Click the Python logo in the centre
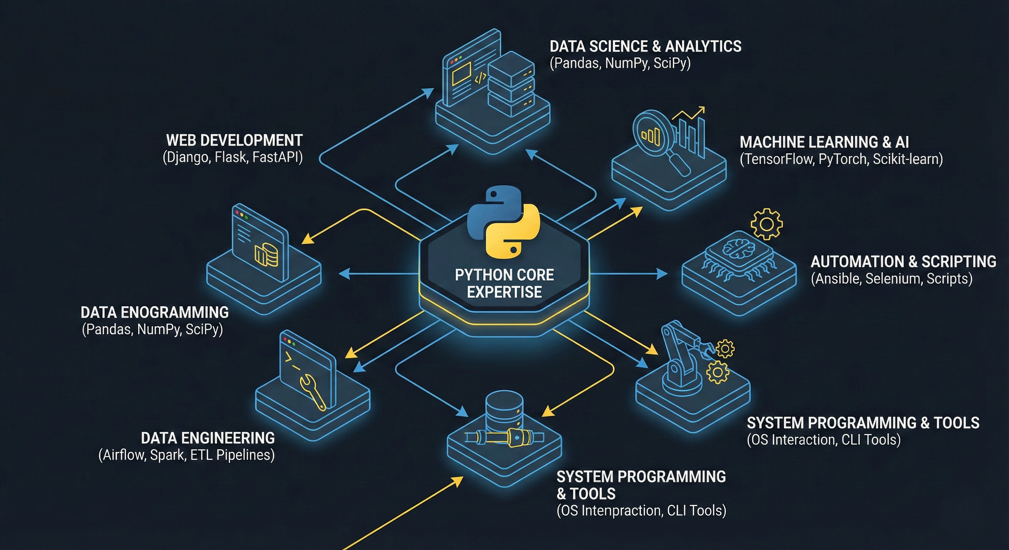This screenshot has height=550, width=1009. pyautogui.click(x=504, y=223)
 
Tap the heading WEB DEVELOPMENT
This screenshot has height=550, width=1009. pyautogui.click(x=234, y=140)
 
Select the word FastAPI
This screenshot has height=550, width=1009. pyautogui.click(x=277, y=157)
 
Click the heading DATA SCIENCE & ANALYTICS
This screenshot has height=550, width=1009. pyautogui.click(x=645, y=47)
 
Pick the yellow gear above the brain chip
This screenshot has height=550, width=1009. pyautogui.click(x=766, y=224)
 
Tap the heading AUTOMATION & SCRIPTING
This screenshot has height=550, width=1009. pyautogui.click(x=903, y=261)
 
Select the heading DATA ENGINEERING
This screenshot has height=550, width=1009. pyautogui.click(x=207, y=438)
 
